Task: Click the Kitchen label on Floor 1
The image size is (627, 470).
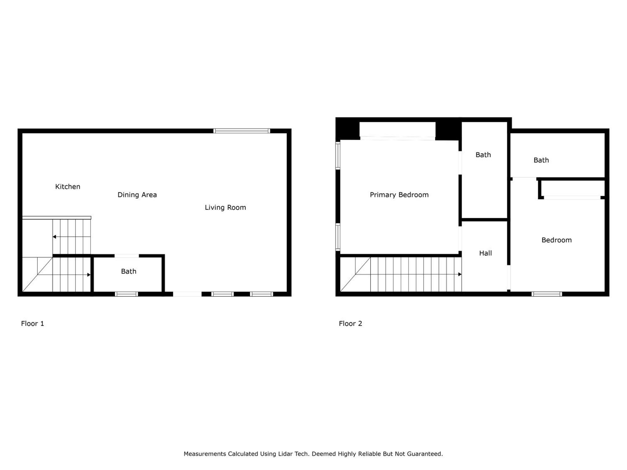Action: pos(68,187)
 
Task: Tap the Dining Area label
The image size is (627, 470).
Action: pos(137,195)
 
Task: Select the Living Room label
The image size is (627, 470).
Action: pos(225,207)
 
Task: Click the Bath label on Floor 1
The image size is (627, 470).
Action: pos(129,271)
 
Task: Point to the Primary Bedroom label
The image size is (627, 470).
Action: pos(399,195)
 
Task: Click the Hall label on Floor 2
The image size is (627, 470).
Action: pos(485,253)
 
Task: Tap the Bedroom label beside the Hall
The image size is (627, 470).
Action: pos(556,240)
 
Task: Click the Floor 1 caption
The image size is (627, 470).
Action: pos(33,324)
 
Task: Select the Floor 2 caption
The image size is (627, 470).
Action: pos(350,324)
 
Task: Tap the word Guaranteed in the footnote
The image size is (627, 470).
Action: pos(426,454)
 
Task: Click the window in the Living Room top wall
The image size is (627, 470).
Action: pos(242,131)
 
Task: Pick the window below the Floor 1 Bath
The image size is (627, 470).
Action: pos(126,294)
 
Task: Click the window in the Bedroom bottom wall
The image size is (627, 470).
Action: pos(547,294)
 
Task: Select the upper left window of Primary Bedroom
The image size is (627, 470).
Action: pos(338,156)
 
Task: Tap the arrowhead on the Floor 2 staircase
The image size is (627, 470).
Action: pos(460,274)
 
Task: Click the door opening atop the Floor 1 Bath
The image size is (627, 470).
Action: pos(127,256)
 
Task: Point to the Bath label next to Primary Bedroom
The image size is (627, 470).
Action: pos(483,155)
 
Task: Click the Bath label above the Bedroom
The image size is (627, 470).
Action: pos(541,160)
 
